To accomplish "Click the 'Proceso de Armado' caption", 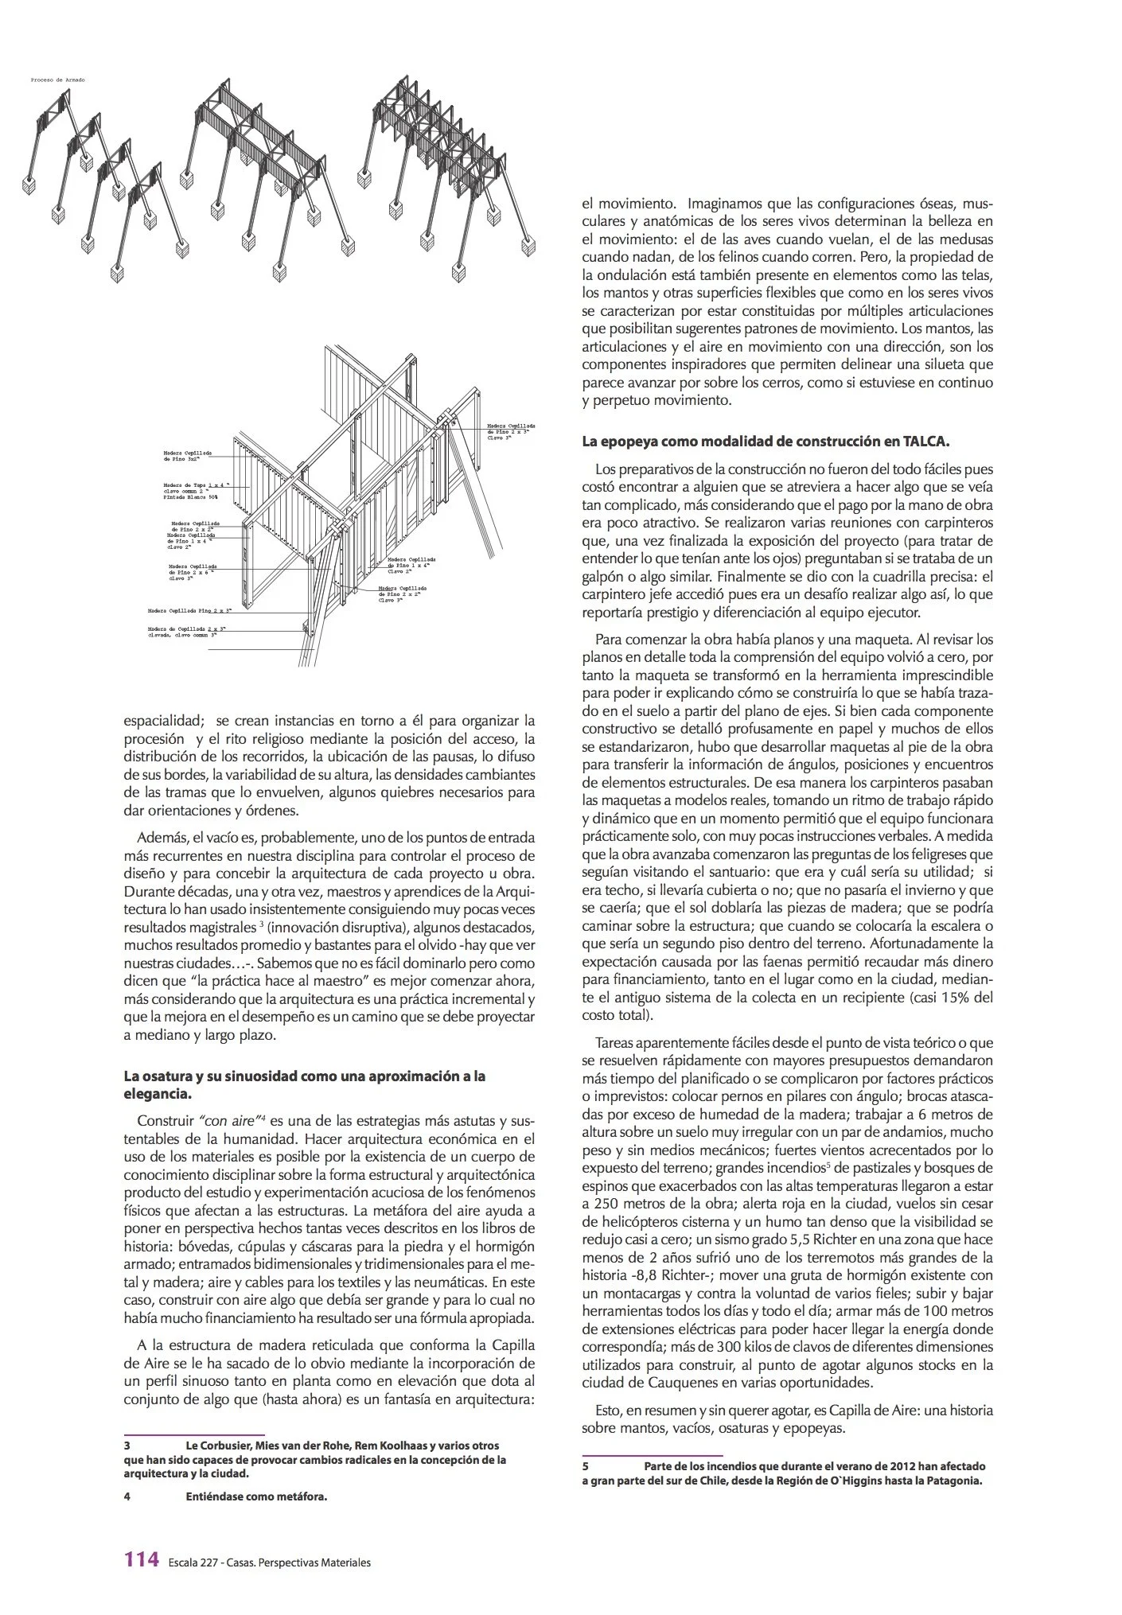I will pyautogui.click(x=57, y=80).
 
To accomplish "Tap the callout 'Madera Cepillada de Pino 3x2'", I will pyautogui.click(x=188, y=456).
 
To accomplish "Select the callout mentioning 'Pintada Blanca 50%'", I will pyautogui.click(x=196, y=490).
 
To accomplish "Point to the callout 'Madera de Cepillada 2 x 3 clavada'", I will pyautogui.click(x=186, y=632).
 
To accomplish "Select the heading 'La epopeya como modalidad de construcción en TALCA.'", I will pyautogui.click(x=766, y=441).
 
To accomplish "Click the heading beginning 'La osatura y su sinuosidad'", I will pyautogui.click(x=304, y=1076).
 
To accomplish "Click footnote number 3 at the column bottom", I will pyautogui.click(x=127, y=1446).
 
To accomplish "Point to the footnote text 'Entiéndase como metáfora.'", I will pyautogui.click(x=256, y=1496).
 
